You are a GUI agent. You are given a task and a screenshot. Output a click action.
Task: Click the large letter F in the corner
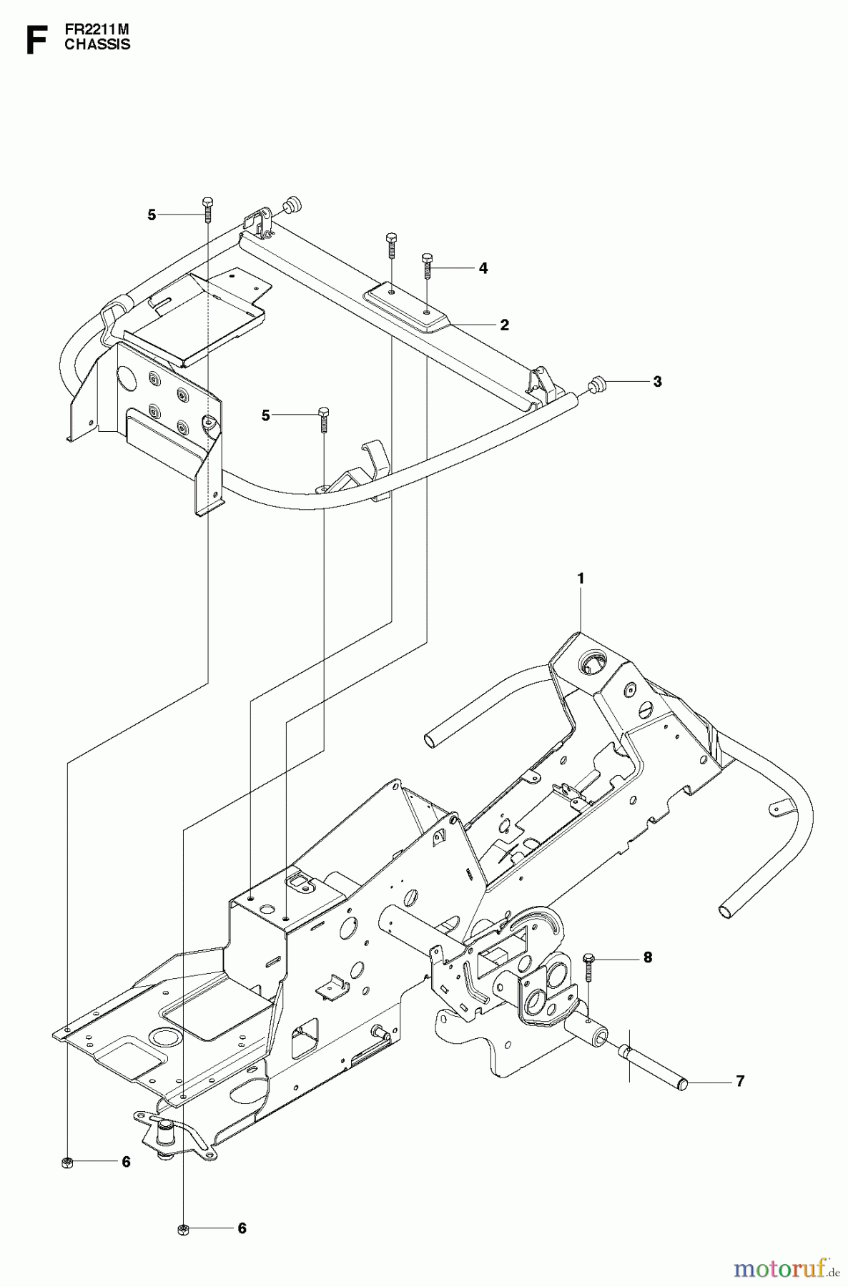35,39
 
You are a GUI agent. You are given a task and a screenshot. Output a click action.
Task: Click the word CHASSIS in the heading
97,44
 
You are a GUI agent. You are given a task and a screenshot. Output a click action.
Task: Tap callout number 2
504,325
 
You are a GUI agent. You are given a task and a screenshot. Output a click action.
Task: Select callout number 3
657,381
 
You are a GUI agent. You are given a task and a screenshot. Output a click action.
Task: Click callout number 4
483,268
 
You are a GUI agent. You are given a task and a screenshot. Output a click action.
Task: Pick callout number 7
739,1081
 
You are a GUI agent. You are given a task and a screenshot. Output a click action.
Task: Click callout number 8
648,957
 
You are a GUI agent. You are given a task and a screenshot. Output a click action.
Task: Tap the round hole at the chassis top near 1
591,663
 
